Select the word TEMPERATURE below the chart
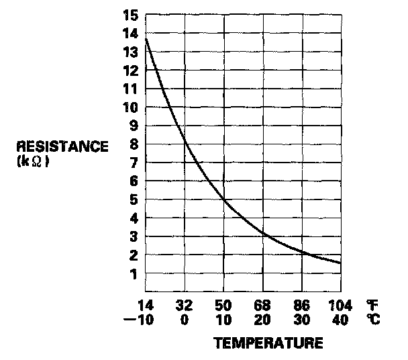[268, 344]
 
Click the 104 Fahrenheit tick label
[340, 306]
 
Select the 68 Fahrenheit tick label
[263, 306]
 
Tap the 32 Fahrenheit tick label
[185, 306]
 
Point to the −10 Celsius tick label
[140, 320]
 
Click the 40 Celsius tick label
[340, 320]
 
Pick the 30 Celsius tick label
[302, 320]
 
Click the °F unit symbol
[372, 306]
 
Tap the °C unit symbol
[373, 320]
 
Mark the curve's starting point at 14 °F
[146, 38]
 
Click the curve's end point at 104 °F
[340, 263]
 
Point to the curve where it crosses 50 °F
[223, 199]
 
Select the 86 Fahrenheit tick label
[302, 306]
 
